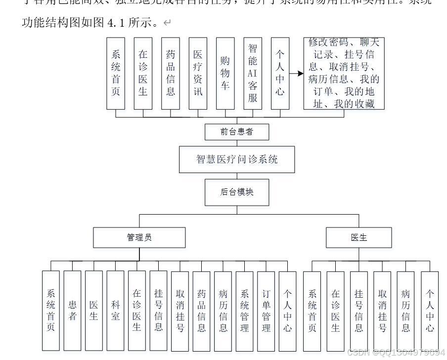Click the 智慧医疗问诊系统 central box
[237, 159]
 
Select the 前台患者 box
[237, 132]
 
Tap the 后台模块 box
[237, 192]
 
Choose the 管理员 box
[139, 237]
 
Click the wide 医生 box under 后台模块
[358, 237]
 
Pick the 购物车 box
[225, 73]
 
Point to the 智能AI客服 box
[253, 73]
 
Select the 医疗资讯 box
[198, 73]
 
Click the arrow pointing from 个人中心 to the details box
[296, 74]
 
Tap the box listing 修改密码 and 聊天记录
[344, 73]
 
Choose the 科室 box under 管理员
[115, 310]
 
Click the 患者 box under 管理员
[72, 310]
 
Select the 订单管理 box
[266, 310]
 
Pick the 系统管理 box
[244, 310]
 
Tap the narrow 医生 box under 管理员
[93, 310]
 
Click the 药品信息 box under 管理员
[201, 310]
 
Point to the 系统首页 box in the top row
[116, 73]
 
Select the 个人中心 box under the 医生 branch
[430, 310]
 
